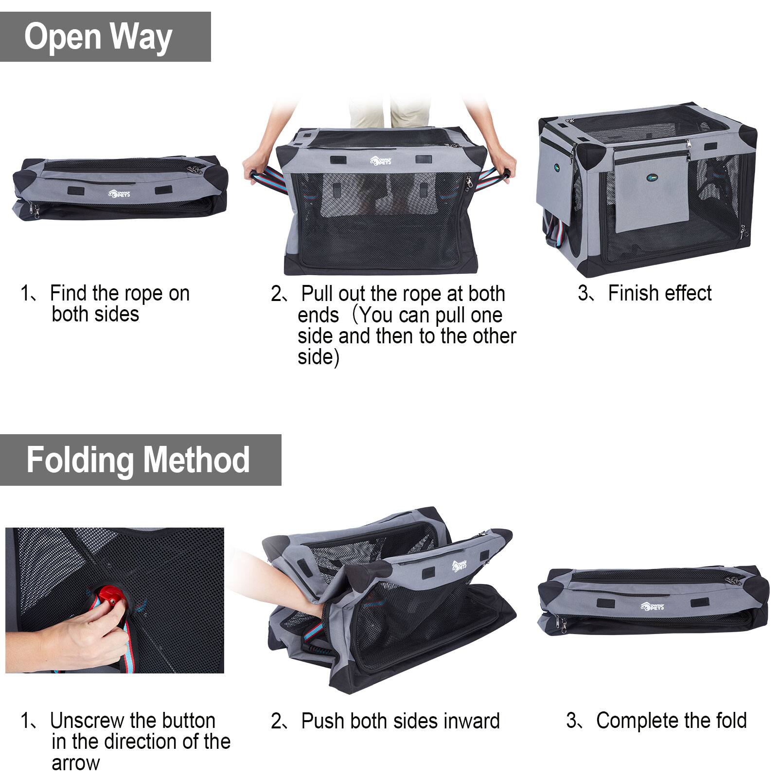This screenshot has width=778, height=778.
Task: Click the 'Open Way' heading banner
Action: [105, 37]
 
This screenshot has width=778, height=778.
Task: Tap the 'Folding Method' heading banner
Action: [141, 460]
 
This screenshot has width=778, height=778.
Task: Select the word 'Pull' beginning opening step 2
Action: [318, 294]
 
